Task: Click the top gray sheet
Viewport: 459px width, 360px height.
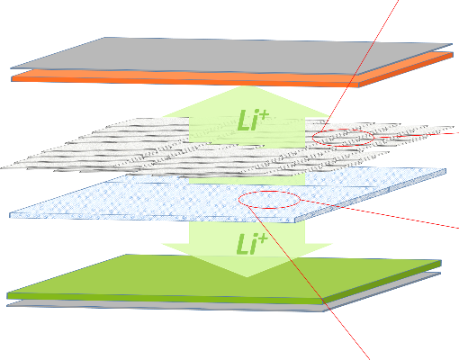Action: coord(231,56)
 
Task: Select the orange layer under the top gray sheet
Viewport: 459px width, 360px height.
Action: coord(210,78)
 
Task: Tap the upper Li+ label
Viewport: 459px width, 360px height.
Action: coord(253,120)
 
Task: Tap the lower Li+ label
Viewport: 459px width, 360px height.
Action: coord(251,244)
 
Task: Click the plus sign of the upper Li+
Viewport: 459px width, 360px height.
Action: coord(264,114)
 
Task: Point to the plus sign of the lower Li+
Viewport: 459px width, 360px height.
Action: coord(262,238)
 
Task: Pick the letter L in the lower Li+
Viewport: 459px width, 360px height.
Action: coord(242,244)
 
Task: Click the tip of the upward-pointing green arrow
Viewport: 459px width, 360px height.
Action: coord(247,86)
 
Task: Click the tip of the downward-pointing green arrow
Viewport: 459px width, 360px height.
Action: coord(247,277)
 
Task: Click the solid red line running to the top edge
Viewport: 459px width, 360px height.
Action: coord(360,66)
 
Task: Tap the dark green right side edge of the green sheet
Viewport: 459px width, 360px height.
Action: coord(382,282)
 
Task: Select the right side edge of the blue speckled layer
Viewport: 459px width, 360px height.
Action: coord(371,195)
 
